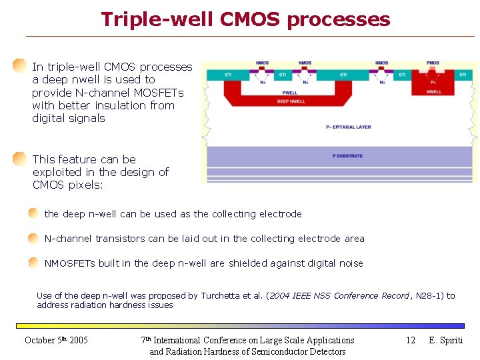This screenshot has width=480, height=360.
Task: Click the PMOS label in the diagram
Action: click(x=433, y=63)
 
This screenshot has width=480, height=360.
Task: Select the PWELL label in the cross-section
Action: click(x=290, y=93)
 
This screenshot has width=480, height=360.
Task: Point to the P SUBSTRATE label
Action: click(x=347, y=156)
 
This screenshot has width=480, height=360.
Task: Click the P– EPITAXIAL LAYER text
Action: click(x=348, y=127)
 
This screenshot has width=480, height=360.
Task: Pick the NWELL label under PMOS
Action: click(x=433, y=92)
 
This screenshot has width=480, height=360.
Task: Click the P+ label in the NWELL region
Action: click(x=433, y=83)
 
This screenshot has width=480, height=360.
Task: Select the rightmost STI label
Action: click(x=463, y=75)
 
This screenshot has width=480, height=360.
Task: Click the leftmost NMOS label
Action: click(x=262, y=63)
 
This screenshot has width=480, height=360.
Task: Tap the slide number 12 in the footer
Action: click(x=411, y=340)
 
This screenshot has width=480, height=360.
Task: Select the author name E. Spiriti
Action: click(x=446, y=340)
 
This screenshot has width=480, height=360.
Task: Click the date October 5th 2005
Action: click(x=56, y=340)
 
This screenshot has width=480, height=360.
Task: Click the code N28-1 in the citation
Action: click(x=427, y=295)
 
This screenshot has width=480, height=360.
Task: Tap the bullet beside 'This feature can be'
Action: click(x=20, y=159)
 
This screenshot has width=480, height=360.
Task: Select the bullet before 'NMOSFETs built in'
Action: click(x=33, y=263)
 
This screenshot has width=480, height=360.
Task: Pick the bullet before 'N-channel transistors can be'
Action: click(x=33, y=238)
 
